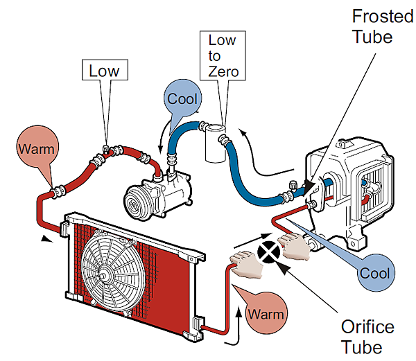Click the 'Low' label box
click(x=104, y=71)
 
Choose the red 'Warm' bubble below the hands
click(x=266, y=313)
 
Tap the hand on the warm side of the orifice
click(x=244, y=264)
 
